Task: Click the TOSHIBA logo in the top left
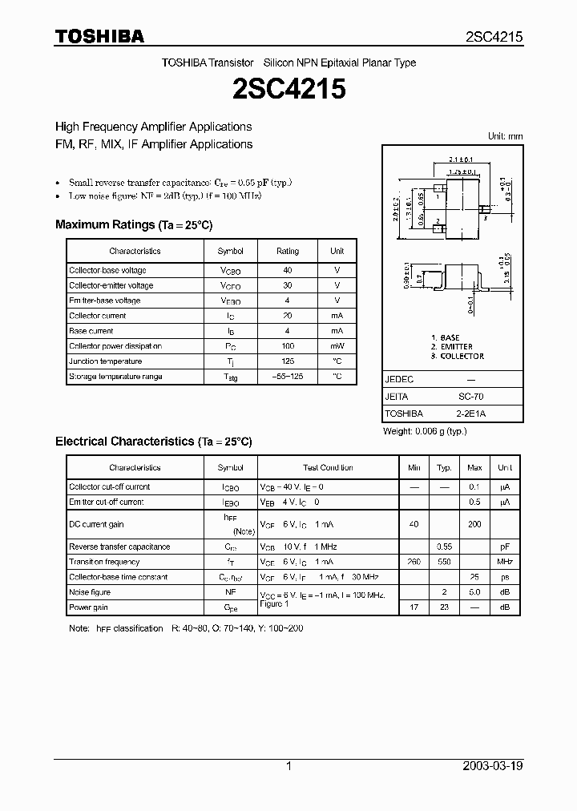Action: click(x=99, y=36)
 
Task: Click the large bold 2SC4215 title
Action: click(x=288, y=88)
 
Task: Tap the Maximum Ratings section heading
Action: click(x=134, y=225)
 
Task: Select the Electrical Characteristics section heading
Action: click(x=153, y=442)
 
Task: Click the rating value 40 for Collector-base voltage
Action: click(x=288, y=271)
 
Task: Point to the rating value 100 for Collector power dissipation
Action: click(x=288, y=346)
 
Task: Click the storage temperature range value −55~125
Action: click(x=288, y=377)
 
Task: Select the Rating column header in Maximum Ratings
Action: click(x=288, y=251)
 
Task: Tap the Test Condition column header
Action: click(x=327, y=468)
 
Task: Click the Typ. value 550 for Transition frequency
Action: click(x=443, y=562)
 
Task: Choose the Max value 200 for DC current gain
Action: click(x=474, y=524)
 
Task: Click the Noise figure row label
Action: click(x=90, y=592)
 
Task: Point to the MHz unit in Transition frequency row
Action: click(x=505, y=562)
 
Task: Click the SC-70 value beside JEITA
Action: click(x=470, y=397)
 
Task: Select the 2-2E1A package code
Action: click(x=470, y=414)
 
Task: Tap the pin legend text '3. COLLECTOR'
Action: click(x=458, y=356)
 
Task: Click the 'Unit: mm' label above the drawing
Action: click(x=505, y=136)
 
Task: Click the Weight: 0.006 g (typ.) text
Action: click(x=425, y=431)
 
